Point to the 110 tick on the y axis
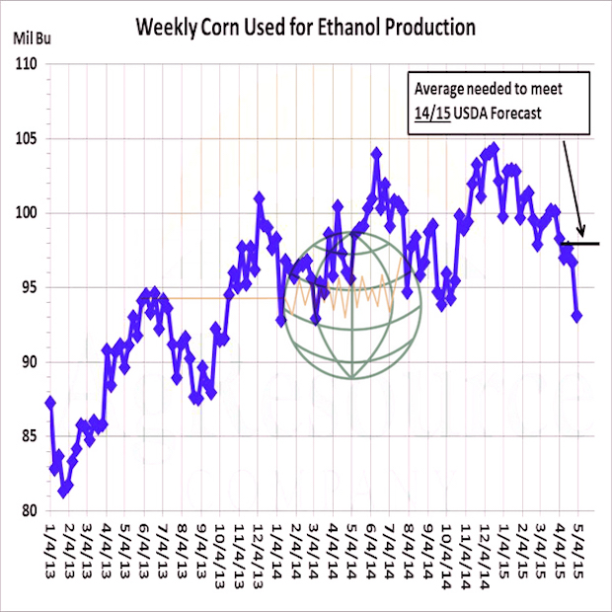click(x=26, y=65)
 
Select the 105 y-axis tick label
click(x=26, y=139)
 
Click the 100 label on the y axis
click(x=26, y=213)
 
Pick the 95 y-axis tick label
click(x=28, y=288)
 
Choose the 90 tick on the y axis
click(x=28, y=362)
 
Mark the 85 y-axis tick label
click(x=28, y=436)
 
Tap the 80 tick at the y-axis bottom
click(x=28, y=510)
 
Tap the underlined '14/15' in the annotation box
click(x=431, y=113)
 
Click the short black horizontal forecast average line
click(x=581, y=243)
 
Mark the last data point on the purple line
click(x=577, y=316)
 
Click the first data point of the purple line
click(x=50, y=402)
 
